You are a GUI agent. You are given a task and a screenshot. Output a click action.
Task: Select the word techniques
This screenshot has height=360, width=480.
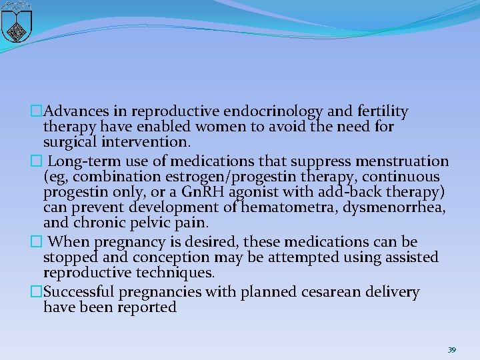click(x=179, y=273)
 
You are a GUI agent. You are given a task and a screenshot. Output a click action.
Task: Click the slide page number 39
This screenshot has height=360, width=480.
click(x=451, y=349)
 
